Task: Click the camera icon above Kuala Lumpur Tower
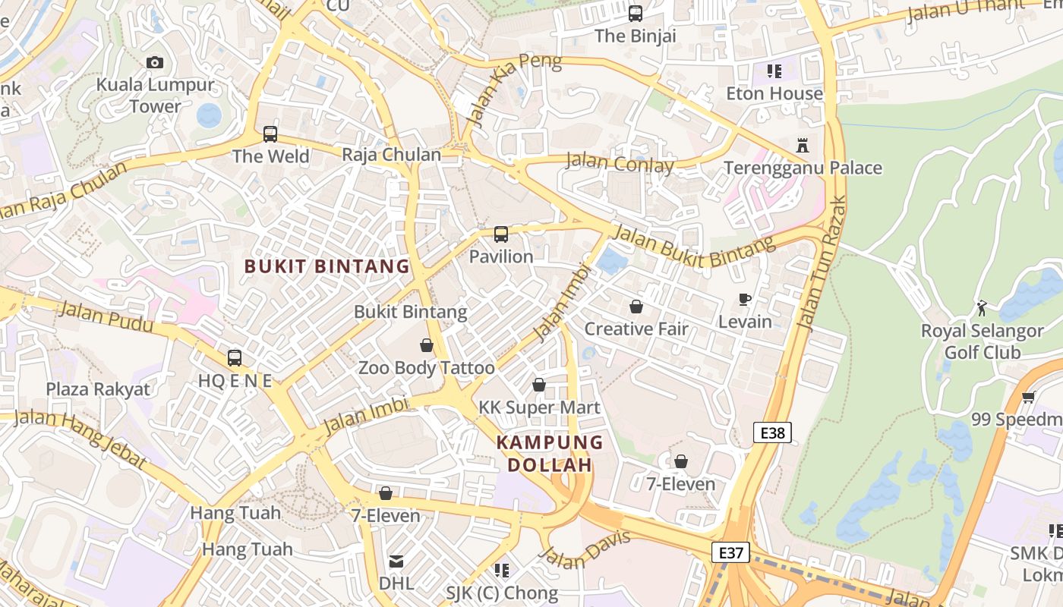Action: tap(155, 62)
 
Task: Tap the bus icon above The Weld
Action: tap(270, 134)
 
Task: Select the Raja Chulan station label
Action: tap(391, 155)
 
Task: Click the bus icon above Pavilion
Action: tap(501, 234)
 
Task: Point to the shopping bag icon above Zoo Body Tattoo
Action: tap(427, 345)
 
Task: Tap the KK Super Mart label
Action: tap(539, 407)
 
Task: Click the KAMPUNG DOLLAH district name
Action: tap(550, 454)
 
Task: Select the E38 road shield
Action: tap(772, 432)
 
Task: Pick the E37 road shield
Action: tap(730, 552)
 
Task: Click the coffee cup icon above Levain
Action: tap(745, 300)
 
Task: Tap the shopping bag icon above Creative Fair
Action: tap(636, 307)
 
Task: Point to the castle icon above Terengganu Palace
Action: tap(803, 145)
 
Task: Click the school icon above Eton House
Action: tap(774, 71)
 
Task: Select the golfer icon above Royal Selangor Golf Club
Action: tap(982, 308)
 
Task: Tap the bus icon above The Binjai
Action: tap(636, 14)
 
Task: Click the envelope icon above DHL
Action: tap(396, 561)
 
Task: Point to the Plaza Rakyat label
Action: tap(98, 389)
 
